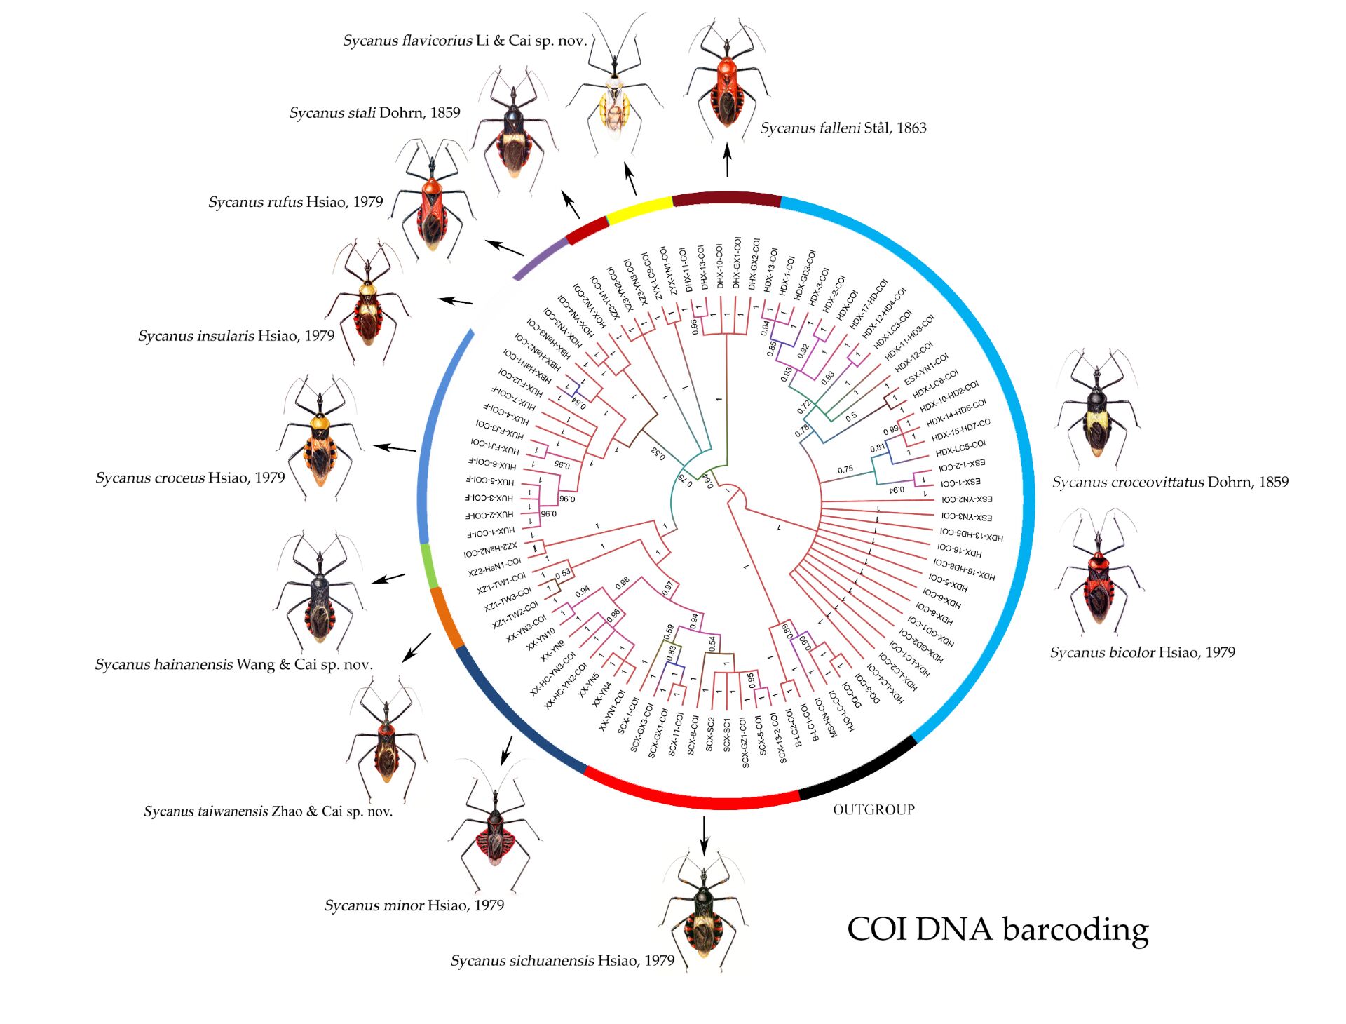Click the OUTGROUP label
pyautogui.click(x=873, y=809)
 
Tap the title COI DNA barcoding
pyautogui.click(x=997, y=929)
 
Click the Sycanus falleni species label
pyautogui.click(x=843, y=128)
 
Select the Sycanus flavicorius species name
pyautogui.click(x=464, y=41)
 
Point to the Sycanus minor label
pyautogui.click(x=414, y=905)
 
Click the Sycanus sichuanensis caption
pyautogui.click(x=562, y=960)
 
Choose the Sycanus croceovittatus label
pyautogui.click(x=1169, y=482)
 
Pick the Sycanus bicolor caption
pyautogui.click(x=1142, y=652)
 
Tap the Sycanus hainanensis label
pyautogui.click(x=233, y=664)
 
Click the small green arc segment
pyautogui.click(x=429, y=565)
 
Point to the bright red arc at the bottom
pyautogui.click(x=691, y=797)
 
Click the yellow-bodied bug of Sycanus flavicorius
pyautogui.click(x=615, y=98)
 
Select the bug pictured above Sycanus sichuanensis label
pyautogui.click(x=703, y=912)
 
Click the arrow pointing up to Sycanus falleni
pyautogui.click(x=727, y=160)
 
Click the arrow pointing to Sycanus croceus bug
pyautogui.click(x=395, y=448)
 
